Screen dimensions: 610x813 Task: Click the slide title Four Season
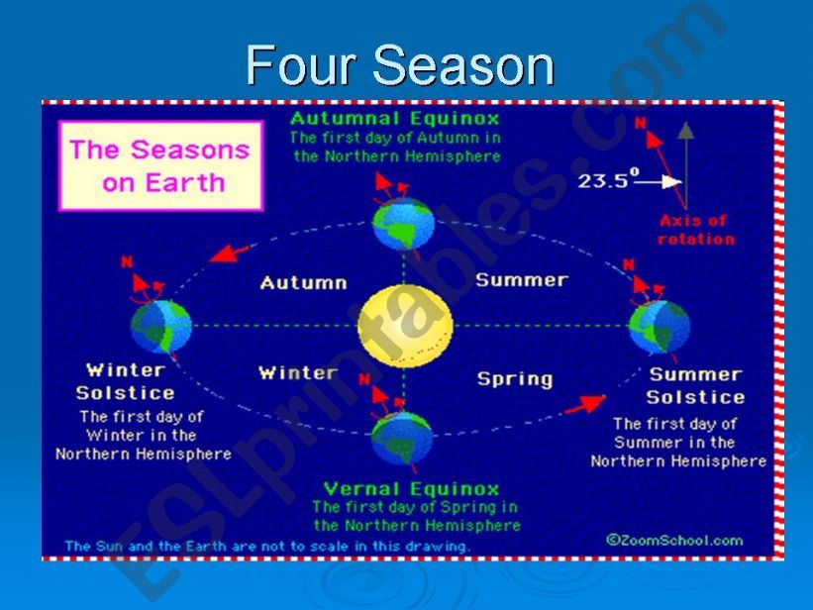coord(400,66)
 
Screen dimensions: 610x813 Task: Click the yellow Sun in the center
coord(405,326)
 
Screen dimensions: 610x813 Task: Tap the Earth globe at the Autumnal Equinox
coord(403,225)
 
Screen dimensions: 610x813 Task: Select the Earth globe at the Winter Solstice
coord(160,327)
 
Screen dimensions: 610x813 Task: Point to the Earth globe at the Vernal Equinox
coord(402,437)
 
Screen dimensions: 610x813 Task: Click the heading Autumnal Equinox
coord(395,119)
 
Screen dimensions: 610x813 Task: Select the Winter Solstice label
coord(126,381)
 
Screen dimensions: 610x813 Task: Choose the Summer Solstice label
coord(695,385)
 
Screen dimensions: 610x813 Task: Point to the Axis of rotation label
coord(696,230)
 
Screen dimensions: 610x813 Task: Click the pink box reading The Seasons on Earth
coord(160,166)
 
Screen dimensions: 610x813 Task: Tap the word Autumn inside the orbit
coord(303,283)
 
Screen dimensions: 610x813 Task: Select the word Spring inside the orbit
coord(514,378)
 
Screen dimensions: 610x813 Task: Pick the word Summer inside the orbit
coord(521,280)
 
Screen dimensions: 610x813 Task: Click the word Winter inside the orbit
coord(297,372)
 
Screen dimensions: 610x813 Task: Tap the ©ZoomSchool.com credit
coord(673,540)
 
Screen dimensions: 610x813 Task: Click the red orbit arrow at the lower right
coord(586,404)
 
